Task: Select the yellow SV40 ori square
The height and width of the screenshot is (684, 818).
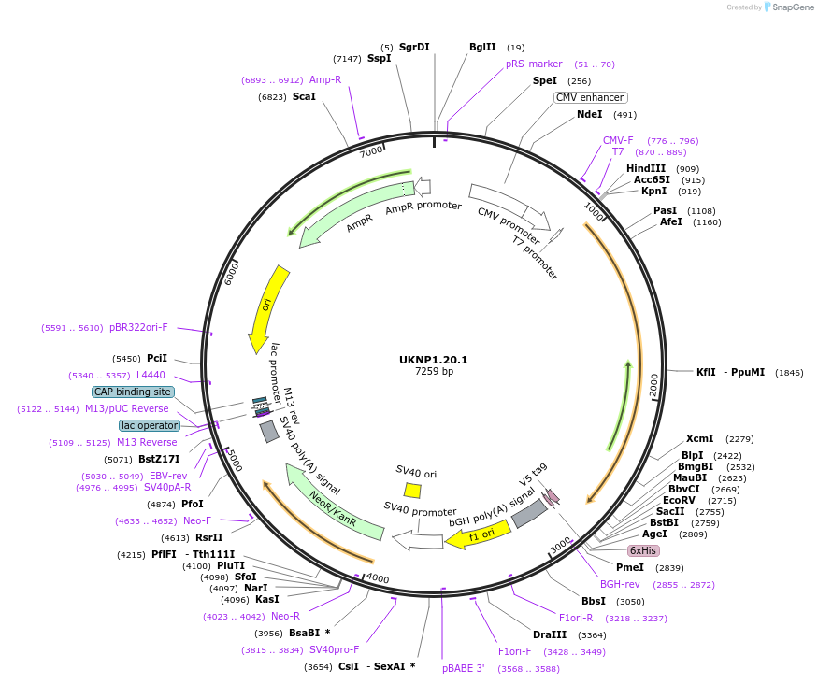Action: [412, 491]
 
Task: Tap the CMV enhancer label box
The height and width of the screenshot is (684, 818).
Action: [590, 97]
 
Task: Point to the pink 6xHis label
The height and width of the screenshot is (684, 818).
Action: [643, 550]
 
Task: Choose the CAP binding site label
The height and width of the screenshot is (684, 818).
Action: [133, 392]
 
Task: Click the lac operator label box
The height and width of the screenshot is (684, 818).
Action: [150, 425]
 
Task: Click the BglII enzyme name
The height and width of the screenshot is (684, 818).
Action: [483, 47]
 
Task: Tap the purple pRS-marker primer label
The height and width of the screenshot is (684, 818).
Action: [534, 64]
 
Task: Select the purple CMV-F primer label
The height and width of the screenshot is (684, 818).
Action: [618, 140]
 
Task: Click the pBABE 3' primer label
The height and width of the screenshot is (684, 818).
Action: [463, 668]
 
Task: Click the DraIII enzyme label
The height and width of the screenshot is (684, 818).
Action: [550, 635]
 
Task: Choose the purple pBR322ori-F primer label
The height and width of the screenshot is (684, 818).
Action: [138, 328]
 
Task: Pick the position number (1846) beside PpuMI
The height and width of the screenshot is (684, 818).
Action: [790, 372]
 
